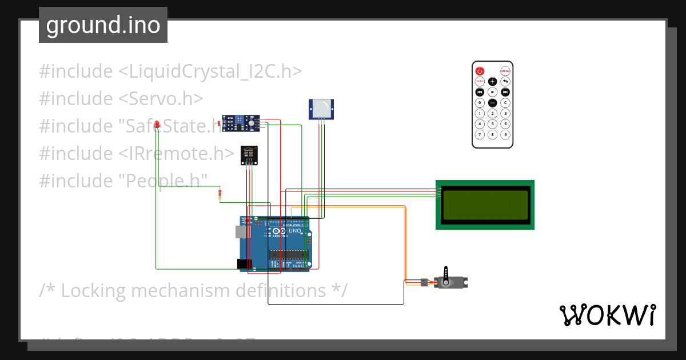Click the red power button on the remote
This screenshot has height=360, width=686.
tap(480, 71)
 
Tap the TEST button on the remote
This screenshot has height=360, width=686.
tap(480, 82)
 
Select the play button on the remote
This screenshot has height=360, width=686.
tap(492, 92)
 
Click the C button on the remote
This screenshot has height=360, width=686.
tap(505, 103)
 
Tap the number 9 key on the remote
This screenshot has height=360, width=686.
tap(505, 135)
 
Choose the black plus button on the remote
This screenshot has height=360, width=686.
tap(492, 82)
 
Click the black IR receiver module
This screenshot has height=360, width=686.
tap(249, 154)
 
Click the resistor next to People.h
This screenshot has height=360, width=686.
tap(220, 195)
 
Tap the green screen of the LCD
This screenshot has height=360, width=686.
tap(485, 205)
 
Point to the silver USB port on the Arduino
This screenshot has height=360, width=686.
tap(242, 231)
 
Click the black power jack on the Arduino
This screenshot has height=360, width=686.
tap(244, 263)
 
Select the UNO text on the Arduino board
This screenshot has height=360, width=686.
tap(295, 231)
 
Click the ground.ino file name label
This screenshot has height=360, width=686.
tap(103, 25)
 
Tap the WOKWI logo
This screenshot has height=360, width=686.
tap(607, 315)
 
